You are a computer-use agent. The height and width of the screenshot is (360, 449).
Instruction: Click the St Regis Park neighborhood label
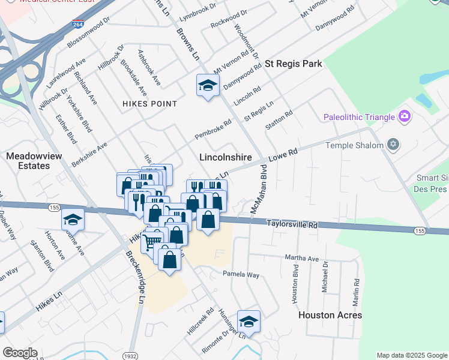[x=294, y=64]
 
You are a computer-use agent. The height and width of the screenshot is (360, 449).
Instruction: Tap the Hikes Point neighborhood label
[x=150, y=104]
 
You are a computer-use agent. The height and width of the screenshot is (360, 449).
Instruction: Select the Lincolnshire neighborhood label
[x=225, y=157]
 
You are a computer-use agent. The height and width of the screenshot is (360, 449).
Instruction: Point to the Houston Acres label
[x=330, y=315]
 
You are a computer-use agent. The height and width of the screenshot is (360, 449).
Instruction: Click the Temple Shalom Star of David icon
[x=393, y=145]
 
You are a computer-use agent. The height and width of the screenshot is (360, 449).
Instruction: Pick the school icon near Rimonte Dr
[x=248, y=322]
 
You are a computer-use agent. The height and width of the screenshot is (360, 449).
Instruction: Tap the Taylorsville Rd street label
[x=292, y=224]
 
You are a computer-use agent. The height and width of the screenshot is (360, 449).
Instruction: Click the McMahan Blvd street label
[x=258, y=192]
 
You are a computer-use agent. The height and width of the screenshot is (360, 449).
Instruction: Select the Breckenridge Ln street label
[x=136, y=275]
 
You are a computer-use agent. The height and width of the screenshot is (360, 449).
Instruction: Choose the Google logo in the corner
[x=20, y=353]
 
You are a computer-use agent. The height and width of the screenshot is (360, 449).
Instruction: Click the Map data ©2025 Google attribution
[x=412, y=355]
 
